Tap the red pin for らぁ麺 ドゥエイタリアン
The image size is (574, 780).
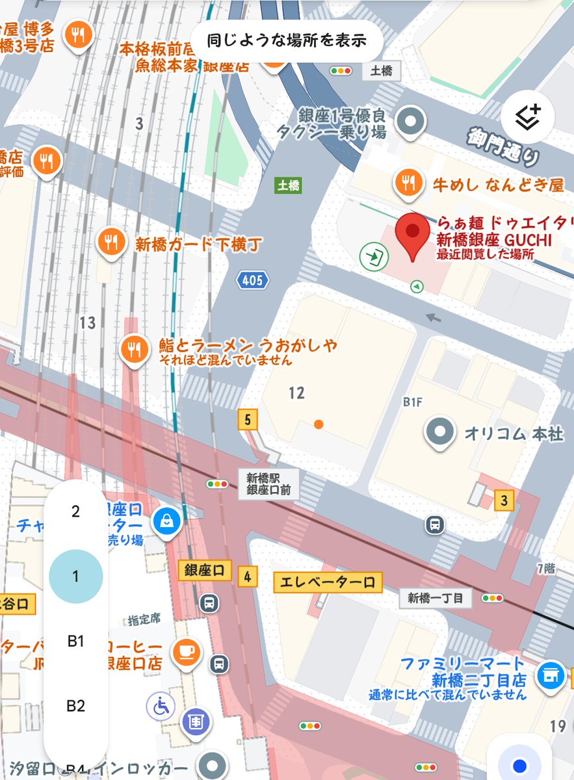413,235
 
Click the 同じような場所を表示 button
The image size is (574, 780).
287,40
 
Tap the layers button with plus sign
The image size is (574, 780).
527,117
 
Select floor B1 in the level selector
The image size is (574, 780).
75,641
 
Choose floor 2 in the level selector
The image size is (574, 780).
75,512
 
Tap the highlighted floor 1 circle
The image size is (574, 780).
75,577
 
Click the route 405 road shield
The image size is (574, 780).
252,280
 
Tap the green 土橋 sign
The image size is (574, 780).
288,186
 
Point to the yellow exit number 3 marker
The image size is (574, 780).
504,500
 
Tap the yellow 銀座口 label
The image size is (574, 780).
205,571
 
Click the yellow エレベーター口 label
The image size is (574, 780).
328,582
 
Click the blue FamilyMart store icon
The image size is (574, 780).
550,675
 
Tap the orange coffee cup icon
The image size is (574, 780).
185,651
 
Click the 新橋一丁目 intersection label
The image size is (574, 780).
435,598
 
